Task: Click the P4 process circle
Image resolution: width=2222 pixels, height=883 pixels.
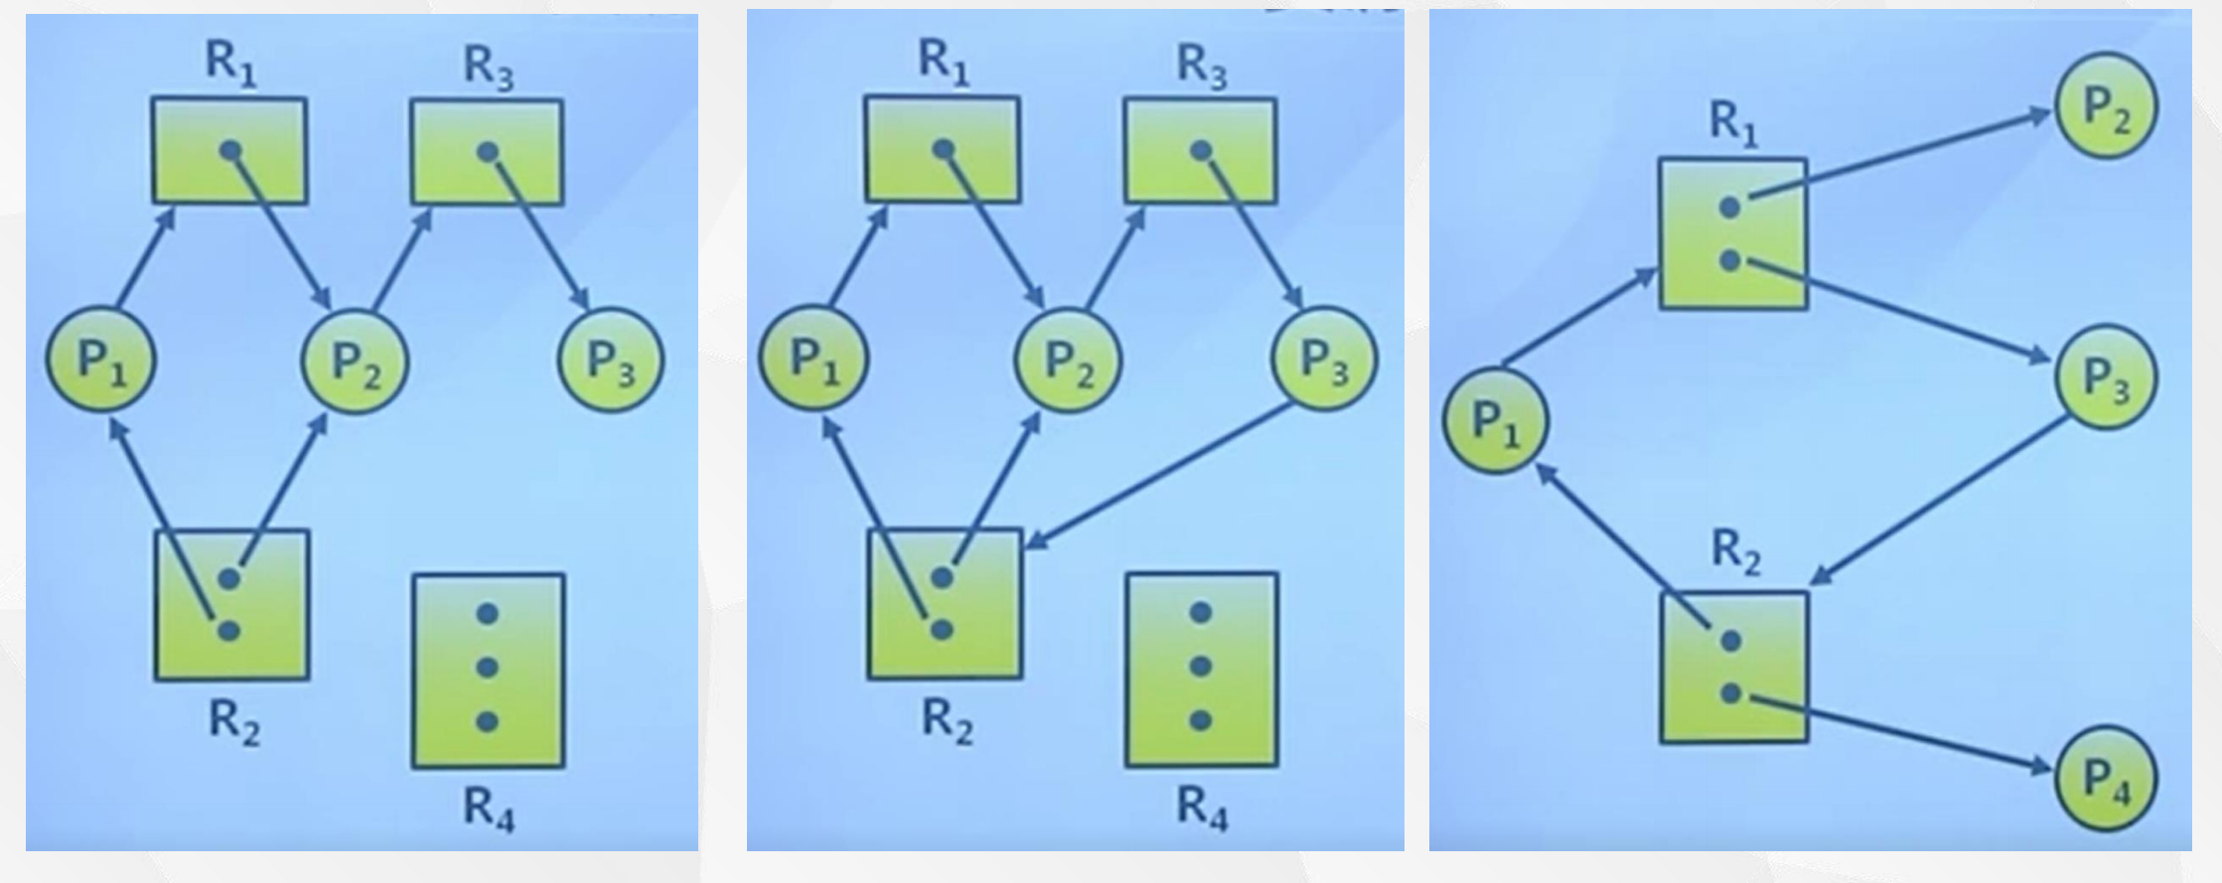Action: click(2105, 778)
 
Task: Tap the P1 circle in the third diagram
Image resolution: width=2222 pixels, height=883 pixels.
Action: click(1495, 421)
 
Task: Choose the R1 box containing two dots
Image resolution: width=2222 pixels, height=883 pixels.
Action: click(1732, 234)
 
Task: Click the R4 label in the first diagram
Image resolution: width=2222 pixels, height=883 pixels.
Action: click(489, 809)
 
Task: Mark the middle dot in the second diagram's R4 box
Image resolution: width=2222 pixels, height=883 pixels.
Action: click(1200, 665)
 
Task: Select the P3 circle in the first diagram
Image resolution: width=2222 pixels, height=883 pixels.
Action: click(611, 360)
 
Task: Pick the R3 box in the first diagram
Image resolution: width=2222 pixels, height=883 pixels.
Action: click(487, 152)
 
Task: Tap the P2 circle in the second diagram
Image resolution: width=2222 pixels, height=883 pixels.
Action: click(1068, 360)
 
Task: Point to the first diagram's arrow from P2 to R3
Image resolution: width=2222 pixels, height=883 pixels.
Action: click(402, 259)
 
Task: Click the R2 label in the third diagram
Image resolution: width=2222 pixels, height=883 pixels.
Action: click(1735, 552)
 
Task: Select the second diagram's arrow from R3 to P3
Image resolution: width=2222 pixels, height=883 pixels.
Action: click(1252, 228)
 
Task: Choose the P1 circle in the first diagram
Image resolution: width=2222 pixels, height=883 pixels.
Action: click(100, 360)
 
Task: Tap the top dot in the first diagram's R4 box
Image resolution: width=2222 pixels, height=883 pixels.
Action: click(487, 614)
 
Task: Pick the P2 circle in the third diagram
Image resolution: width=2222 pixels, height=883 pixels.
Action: click(2105, 105)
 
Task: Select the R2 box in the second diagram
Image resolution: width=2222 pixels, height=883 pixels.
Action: click(944, 604)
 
